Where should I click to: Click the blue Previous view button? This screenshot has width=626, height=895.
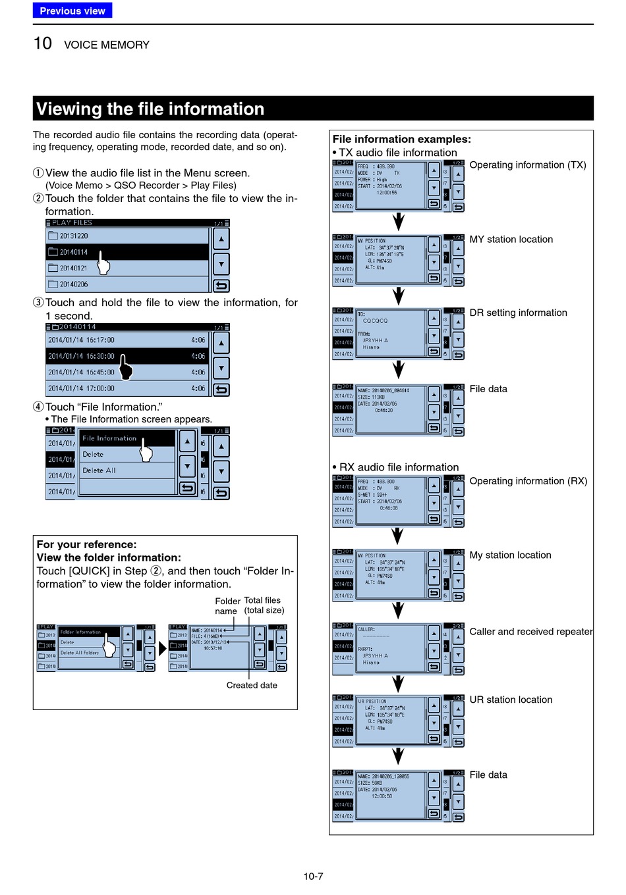(x=72, y=11)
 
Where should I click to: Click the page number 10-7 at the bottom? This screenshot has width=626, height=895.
(x=313, y=876)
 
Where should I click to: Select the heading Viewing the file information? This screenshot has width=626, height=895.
(x=150, y=109)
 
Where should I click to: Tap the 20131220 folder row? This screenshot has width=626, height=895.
(x=128, y=236)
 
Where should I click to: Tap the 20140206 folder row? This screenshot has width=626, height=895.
(x=128, y=284)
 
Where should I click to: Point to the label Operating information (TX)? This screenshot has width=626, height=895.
(x=528, y=165)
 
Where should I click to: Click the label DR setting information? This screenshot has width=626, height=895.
(x=518, y=313)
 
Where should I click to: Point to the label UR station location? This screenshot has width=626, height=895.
(x=511, y=700)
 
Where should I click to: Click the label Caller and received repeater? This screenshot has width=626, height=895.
(x=531, y=632)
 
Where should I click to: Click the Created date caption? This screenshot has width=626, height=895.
(x=252, y=685)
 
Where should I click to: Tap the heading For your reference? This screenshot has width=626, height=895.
(x=87, y=544)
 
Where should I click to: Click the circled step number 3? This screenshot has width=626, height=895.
(x=38, y=303)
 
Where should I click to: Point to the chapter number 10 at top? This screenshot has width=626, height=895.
(x=43, y=43)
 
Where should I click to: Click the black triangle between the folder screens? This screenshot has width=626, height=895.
(x=163, y=649)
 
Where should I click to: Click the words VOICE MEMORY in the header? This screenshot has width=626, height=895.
(x=107, y=45)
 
